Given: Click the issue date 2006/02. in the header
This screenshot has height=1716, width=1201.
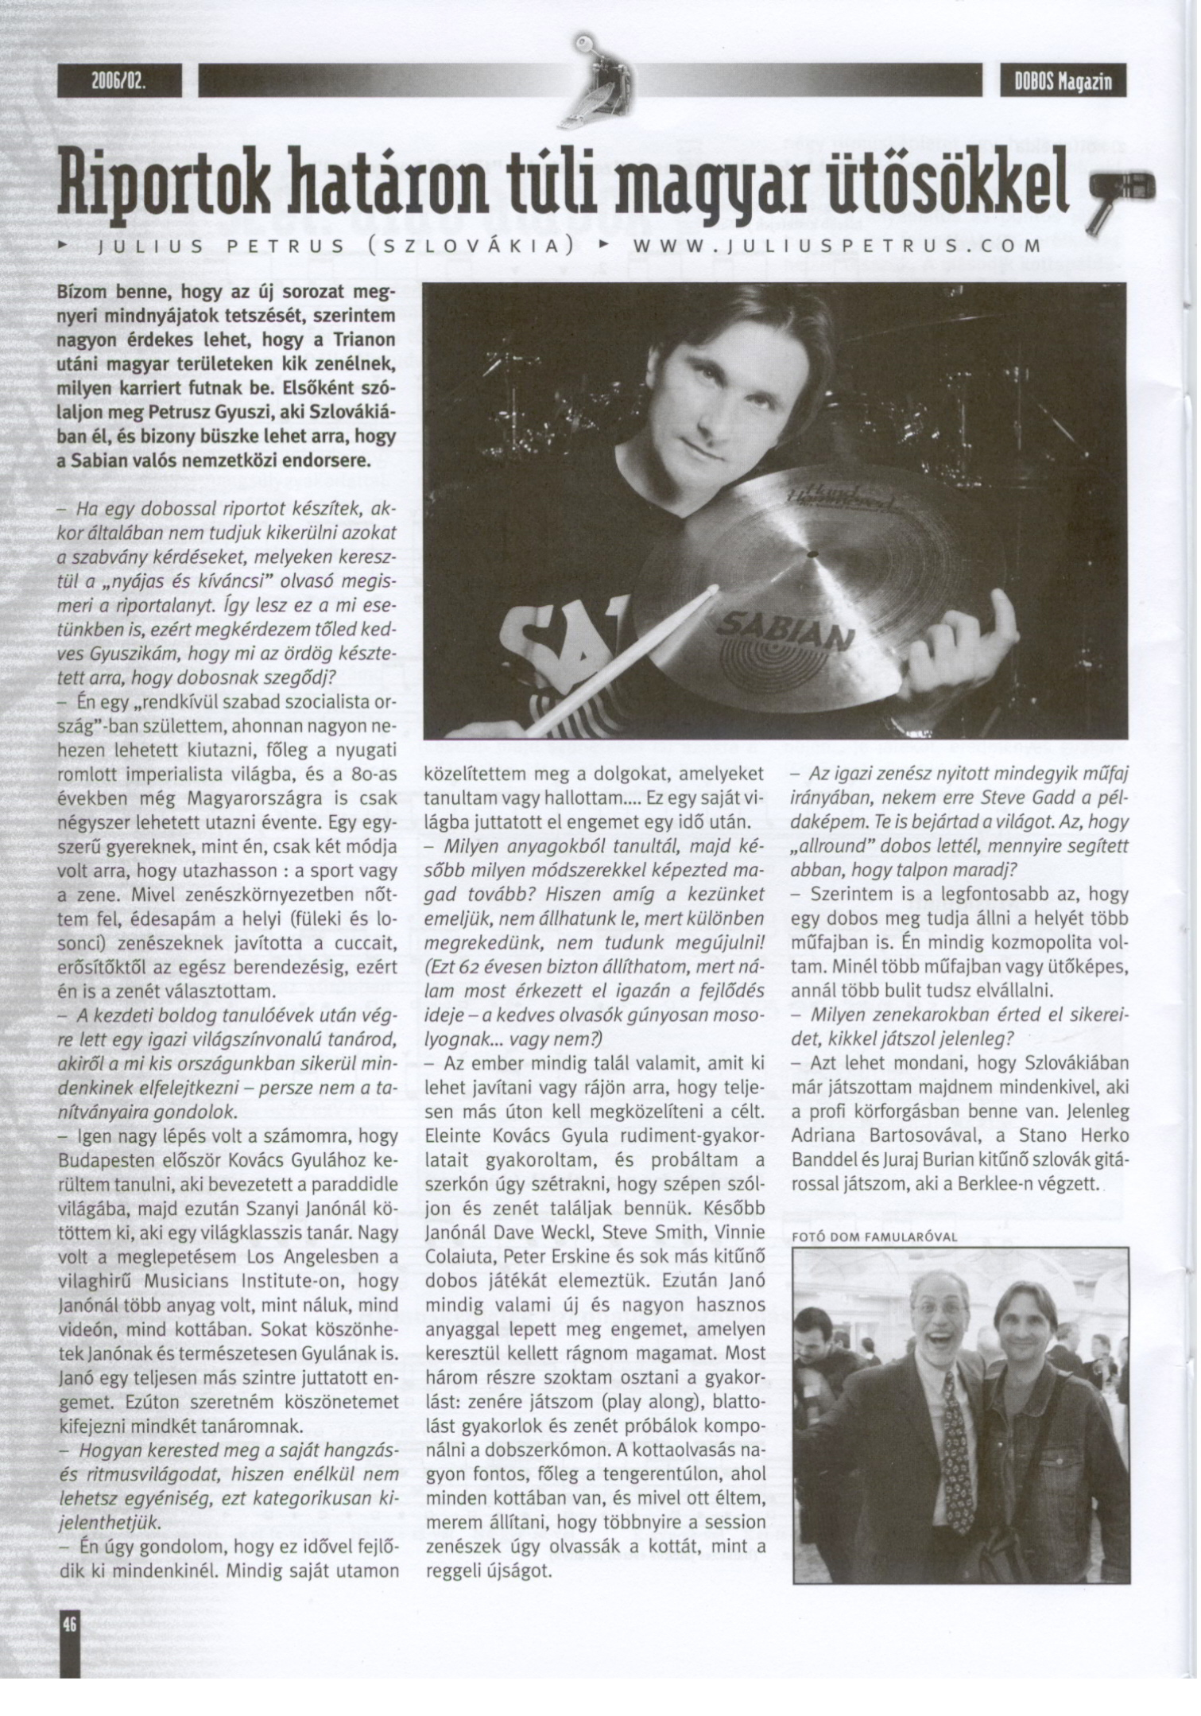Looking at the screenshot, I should pos(120,82).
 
